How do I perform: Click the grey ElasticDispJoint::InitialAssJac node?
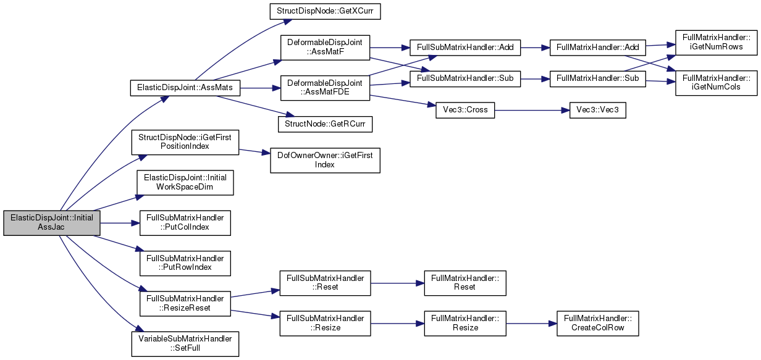tap(52, 223)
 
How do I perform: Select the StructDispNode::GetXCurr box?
tap(325, 11)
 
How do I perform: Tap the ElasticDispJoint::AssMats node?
tap(185, 88)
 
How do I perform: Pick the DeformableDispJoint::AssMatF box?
tap(325, 48)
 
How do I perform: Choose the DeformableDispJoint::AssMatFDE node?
tap(325, 88)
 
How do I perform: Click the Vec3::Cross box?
tap(465, 111)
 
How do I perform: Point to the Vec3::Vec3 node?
tap(597, 111)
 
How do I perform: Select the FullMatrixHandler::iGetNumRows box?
tap(716, 43)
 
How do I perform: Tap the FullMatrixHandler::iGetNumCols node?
tap(716, 83)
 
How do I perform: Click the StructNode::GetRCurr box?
tap(325, 124)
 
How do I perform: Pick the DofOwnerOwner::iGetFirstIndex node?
tap(325, 161)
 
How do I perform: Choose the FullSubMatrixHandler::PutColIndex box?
tap(185, 223)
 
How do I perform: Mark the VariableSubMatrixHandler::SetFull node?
tap(185, 344)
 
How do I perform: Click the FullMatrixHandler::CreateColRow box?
tap(597, 324)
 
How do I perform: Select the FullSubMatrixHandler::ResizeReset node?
tap(185, 304)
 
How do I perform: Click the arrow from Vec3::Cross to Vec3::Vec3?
tap(532, 111)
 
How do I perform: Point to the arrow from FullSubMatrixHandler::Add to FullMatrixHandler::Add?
tap(535, 48)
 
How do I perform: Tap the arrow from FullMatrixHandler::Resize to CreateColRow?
tap(531, 324)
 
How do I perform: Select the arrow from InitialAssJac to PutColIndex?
tap(120, 223)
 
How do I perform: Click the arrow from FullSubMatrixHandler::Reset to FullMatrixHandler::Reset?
tap(398, 283)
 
